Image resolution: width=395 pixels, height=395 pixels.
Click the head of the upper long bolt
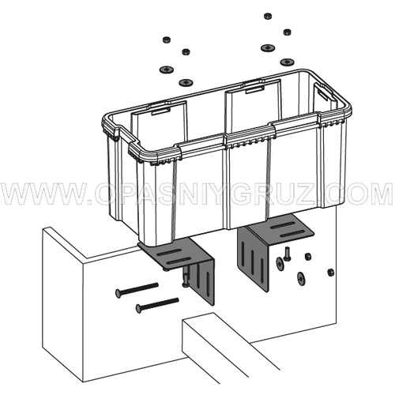pyautogui.click(x=119, y=293)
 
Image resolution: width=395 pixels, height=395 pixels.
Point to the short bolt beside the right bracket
pyautogui.click(x=286, y=254)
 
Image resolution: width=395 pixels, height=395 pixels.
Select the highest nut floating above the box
pyautogui.click(x=268, y=16)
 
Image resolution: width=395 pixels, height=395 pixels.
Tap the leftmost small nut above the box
pyautogui.click(x=166, y=40)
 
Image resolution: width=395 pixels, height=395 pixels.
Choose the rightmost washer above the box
pyautogui.click(x=287, y=62)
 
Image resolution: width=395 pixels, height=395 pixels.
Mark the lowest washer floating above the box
pyautogui.click(x=186, y=83)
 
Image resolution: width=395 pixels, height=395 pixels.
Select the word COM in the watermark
pyautogui.click(x=359, y=194)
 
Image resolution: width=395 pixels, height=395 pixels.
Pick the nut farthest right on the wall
pyautogui.click(x=331, y=273)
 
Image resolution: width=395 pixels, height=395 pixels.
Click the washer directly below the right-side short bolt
pyautogui.click(x=300, y=279)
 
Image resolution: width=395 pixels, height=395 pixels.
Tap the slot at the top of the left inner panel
pyautogui.click(x=160, y=111)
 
